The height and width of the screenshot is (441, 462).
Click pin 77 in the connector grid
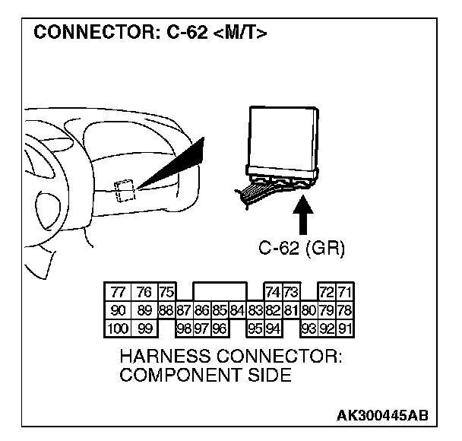117,293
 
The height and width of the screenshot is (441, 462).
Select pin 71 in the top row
346,293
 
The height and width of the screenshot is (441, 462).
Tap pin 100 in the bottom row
117,328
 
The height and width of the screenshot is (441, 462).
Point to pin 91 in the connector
346,328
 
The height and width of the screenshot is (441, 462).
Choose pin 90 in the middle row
117,310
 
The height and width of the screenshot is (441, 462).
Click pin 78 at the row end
346,310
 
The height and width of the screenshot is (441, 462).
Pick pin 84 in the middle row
237,310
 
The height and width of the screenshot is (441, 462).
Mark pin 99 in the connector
144,328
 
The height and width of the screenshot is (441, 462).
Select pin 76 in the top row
144,293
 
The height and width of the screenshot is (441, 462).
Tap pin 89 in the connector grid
144,310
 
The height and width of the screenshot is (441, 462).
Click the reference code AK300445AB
382,415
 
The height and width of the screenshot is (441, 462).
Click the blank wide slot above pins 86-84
220,293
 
